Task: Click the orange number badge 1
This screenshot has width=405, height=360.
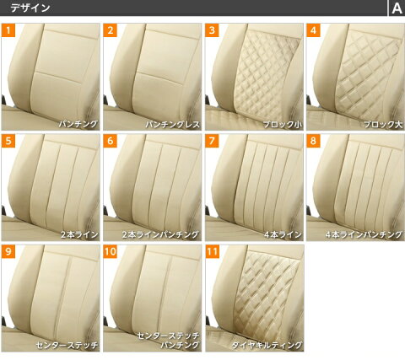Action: click(8, 30)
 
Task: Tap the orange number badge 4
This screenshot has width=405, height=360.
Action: click(313, 30)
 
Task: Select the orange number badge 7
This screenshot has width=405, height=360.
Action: click(212, 141)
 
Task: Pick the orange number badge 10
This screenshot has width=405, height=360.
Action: click(110, 251)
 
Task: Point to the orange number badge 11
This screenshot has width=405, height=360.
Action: click(212, 251)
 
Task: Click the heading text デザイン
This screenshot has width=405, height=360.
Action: click(30, 8)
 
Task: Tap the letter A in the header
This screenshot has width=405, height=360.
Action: click(397, 8)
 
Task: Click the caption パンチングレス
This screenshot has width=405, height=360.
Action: click(172, 124)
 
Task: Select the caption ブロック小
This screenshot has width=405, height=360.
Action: click(282, 124)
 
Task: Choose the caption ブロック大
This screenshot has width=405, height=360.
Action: click(383, 124)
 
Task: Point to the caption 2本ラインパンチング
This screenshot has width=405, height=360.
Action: click(160, 234)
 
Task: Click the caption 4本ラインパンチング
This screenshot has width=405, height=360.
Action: click(364, 234)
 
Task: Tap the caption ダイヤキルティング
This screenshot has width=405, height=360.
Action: click(267, 345)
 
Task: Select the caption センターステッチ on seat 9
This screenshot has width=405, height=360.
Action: click(67, 345)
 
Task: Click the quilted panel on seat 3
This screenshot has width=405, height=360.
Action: click(267, 76)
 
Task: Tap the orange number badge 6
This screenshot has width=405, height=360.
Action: click(110, 141)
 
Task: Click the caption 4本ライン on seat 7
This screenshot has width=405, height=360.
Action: click(283, 234)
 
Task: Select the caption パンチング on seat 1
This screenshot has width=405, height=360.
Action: click(78, 124)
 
